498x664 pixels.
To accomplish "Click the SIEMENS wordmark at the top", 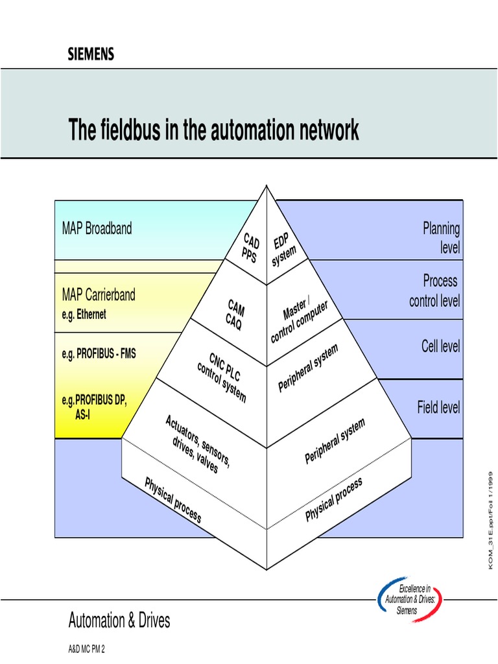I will pyautogui.click(x=91, y=54).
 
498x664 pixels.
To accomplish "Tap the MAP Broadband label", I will pyautogui.click(x=97, y=228).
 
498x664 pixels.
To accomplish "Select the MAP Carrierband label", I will pyautogui.click(x=99, y=295).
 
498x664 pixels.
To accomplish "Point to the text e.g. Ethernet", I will pyautogui.click(x=84, y=314).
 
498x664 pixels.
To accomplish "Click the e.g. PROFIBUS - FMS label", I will pyautogui.click(x=99, y=353).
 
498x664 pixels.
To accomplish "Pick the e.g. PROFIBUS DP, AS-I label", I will pyautogui.click(x=94, y=406).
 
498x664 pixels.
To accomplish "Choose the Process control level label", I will pyautogui.click(x=434, y=290).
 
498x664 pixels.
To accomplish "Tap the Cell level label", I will pyautogui.click(x=440, y=346).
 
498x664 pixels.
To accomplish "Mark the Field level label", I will pyautogui.click(x=438, y=407).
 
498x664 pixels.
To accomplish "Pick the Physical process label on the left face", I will pyautogui.click(x=172, y=500).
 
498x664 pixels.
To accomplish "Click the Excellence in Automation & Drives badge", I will pyautogui.click(x=410, y=600).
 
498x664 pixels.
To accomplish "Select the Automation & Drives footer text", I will pyautogui.click(x=119, y=621).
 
